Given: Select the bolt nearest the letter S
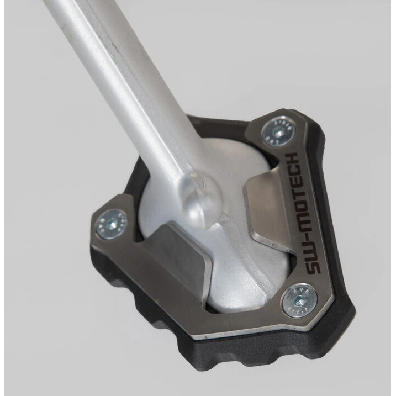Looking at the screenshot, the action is coord(299,302).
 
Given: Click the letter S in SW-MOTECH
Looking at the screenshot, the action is coord(313,266).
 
